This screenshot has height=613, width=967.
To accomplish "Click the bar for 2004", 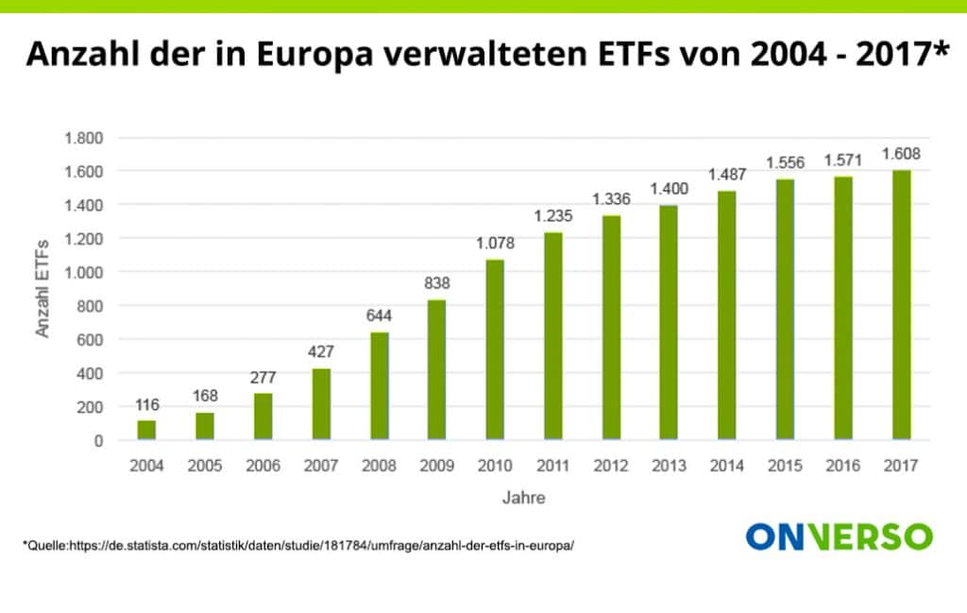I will tap(146, 430).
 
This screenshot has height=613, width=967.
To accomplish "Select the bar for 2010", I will tap(495, 349).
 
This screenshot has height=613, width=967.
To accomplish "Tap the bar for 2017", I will tap(901, 305).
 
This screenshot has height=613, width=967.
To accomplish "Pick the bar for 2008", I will tap(379, 385).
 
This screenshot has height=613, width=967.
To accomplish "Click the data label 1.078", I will tap(495, 244).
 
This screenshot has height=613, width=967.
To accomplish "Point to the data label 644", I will tap(379, 315).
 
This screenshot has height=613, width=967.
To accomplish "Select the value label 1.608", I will tap(901, 154).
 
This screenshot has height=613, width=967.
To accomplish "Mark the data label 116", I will tap(146, 405).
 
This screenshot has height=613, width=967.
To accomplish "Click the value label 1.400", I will tap(669, 189).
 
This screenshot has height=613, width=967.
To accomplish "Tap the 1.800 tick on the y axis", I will tap(83, 138).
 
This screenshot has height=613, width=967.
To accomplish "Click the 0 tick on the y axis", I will tap(97, 440).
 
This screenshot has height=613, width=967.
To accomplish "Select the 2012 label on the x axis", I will tap(611, 466).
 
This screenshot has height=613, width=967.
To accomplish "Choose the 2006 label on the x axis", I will tap(263, 466).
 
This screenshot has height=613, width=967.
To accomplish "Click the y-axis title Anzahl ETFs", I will tap(42, 288).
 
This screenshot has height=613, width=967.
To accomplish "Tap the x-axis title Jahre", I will tap(523, 497).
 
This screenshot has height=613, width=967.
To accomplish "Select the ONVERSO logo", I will tap(839, 536).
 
